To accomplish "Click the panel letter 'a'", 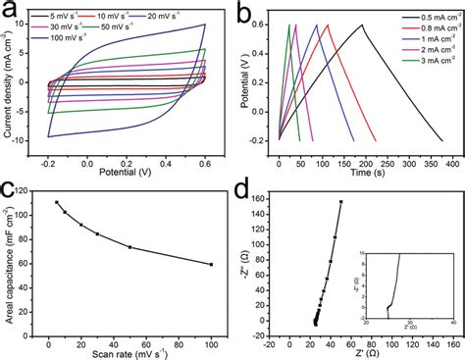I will pos(10,12).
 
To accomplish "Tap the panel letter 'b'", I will pos(240,12).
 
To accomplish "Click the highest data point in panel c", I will pos(57,203).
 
